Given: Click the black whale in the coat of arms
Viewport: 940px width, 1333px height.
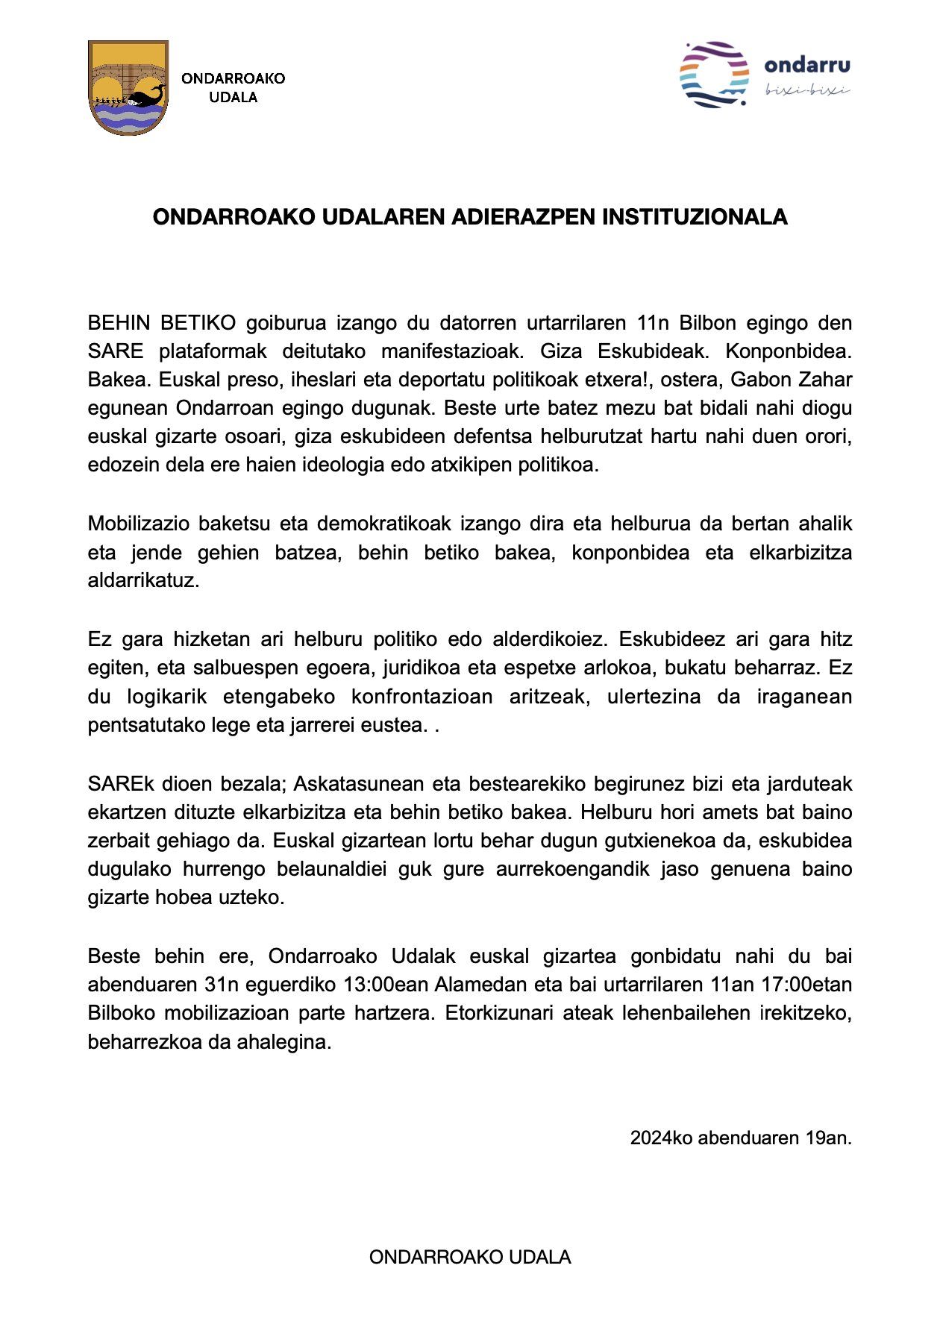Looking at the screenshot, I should click(146, 96).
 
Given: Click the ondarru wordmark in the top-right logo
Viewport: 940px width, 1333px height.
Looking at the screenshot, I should click(807, 66).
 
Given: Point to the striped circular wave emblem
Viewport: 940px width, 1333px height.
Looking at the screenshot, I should click(714, 75).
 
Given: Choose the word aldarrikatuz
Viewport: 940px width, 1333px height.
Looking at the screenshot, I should click(143, 580).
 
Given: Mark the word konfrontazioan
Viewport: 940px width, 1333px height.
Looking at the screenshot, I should click(422, 697).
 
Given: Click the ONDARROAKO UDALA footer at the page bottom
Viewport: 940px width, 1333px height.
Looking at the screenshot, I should click(470, 1258).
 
